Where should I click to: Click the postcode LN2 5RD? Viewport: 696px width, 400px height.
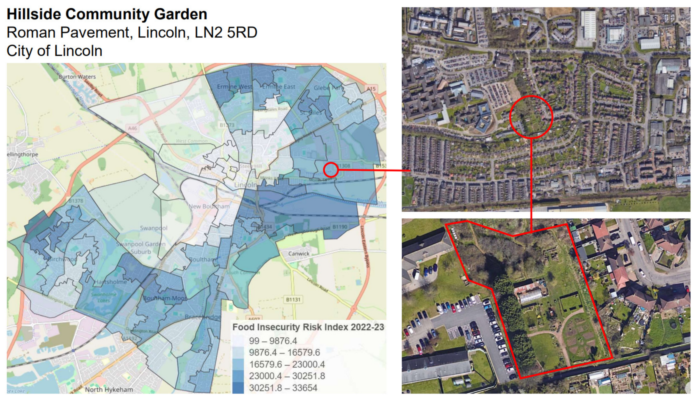(x=226, y=32)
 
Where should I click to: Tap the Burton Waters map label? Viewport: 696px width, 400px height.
(x=77, y=77)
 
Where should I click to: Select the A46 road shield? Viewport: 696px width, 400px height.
(x=133, y=128)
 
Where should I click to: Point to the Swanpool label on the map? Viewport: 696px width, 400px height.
(x=153, y=228)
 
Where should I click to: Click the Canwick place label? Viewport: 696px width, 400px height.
(x=299, y=254)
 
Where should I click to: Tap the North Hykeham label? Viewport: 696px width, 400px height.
(x=109, y=390)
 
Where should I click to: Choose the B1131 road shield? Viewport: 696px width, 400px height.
(x=293, y=300)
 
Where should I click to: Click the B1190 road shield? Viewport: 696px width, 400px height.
(x=340, y=227)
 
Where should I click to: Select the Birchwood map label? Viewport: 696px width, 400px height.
(x=62, y=259)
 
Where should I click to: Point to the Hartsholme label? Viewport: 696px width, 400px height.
(x=111, y=282)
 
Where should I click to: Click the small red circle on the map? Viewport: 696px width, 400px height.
(x=331, y=170)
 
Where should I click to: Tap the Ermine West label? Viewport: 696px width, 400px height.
(x=234, y=87)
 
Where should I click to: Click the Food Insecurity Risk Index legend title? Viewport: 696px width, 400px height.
(x=308, y=327)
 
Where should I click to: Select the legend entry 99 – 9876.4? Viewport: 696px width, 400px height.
(x=273, y=341)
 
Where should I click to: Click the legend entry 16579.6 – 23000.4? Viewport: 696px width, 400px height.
(x=287, y=365)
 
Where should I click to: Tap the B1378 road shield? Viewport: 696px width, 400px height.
(x=76, y=201)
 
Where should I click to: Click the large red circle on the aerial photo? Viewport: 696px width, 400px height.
(x=531, y=117)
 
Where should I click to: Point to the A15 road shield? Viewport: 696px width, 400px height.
(x=371, y=89)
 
